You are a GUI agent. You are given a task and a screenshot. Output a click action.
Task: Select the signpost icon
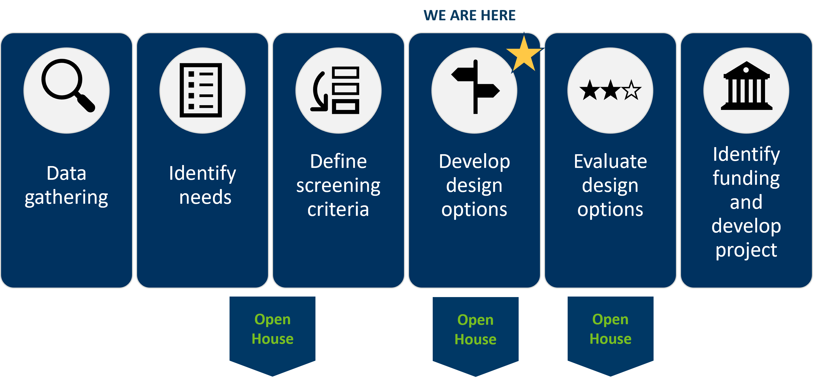click(476, 86)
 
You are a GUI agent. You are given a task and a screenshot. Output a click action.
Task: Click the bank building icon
click(746, 86)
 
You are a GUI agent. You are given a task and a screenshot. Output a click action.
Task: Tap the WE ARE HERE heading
click(469, 15)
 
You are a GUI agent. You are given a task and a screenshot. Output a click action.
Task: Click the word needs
click(205, 198)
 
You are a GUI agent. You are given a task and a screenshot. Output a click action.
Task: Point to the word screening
click(338, 186)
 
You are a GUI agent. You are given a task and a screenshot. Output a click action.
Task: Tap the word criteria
click(338, 209)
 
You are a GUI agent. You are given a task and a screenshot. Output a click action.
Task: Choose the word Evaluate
click(610, 161)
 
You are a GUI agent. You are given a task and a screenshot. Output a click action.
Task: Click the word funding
click(746, 178)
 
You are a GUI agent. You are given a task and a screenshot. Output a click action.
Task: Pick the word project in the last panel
click(746, 250)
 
